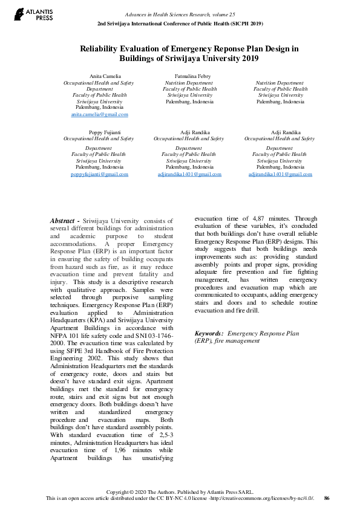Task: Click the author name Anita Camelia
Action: coord(100,76)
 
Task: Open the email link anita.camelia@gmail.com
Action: coord(100,114)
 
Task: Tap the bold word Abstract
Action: coord(64,221)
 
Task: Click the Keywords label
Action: coord(209,333)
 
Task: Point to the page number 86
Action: coord(327,498)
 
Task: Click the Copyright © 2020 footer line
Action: coord(180,492)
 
